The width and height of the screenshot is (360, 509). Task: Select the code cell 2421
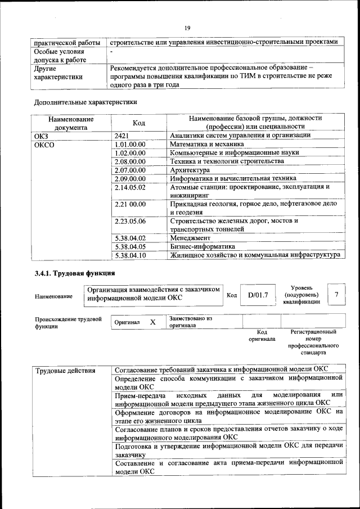(123, 136)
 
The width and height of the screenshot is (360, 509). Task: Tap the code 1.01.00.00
(130, 145)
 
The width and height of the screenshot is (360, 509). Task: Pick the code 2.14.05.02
(130, 187)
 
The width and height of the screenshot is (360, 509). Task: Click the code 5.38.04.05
(130, 247)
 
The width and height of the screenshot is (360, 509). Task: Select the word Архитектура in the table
(190, 170)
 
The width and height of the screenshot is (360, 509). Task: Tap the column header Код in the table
(139, 123)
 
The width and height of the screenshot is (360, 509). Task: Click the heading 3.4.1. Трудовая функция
(75, 273)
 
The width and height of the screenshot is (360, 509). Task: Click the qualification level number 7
(336, 295)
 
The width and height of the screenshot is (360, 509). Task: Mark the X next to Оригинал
(152, 322)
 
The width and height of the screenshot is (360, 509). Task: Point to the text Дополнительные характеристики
(85, 102)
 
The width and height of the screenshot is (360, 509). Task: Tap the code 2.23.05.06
(130, 221)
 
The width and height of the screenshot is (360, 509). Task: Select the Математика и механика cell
(203, 145)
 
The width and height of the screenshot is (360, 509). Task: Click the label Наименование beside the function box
(53, 296)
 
